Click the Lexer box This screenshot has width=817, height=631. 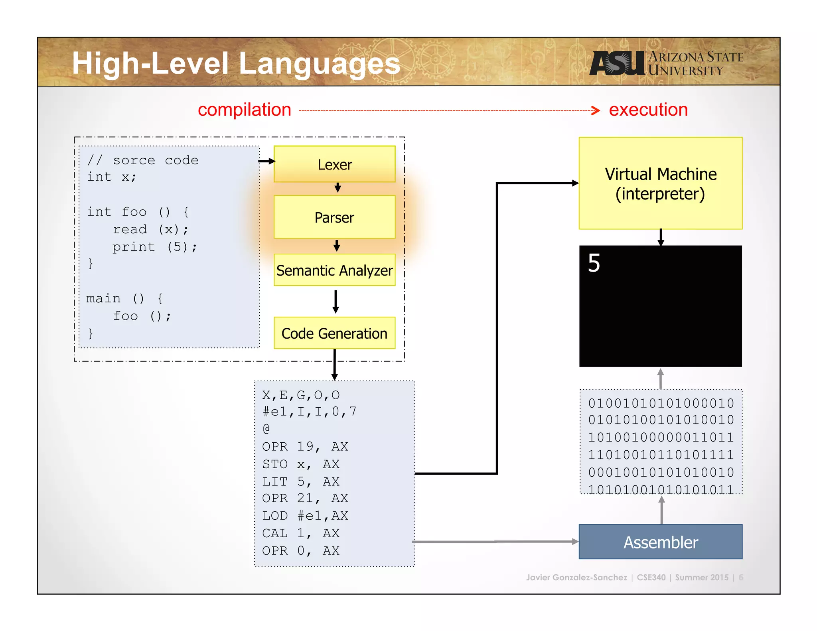[334, 164]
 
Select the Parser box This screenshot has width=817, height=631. [334, 217]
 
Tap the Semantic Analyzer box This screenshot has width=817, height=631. [334, 270]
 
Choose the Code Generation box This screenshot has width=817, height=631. [334, 333]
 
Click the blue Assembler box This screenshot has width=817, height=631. [660, 542]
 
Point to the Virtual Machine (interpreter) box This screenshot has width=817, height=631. [660, 183]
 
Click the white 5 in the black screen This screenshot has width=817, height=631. [594, 263]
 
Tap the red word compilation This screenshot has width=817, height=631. [244, 110]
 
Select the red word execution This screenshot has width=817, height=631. [648, 110]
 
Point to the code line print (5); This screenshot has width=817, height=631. [155, 247]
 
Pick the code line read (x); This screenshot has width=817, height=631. [150, 229]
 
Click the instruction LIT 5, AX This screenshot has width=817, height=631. [300, 481]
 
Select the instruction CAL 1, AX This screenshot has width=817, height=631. [300, 533]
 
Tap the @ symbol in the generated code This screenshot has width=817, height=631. [266, 429]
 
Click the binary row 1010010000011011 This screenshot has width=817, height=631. [661, 437]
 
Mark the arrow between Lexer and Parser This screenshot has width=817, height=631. [337, 187]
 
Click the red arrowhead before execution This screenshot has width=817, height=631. [596, 110]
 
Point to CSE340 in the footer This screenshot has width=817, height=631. [651, 577]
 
